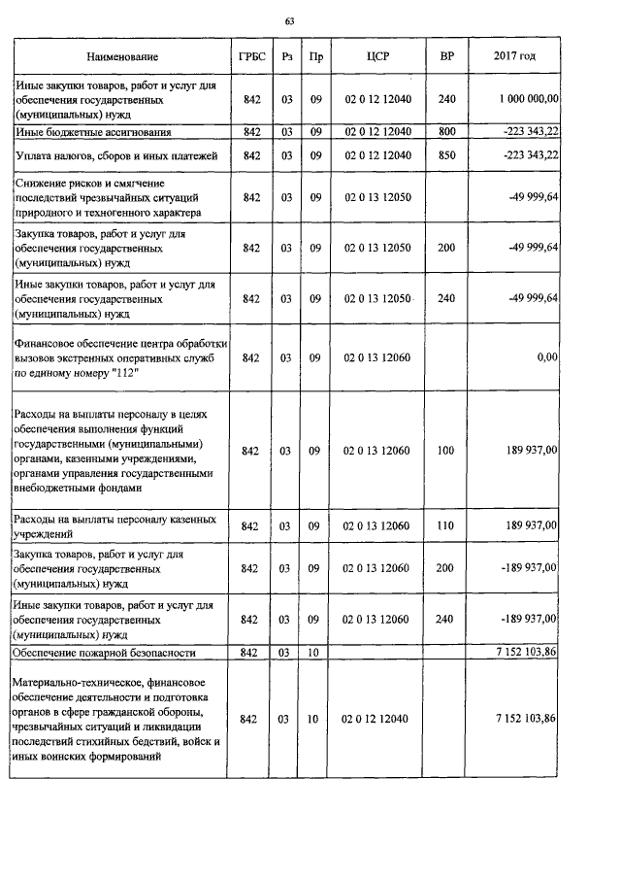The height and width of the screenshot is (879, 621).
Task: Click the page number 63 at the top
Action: click(x=289, y=21)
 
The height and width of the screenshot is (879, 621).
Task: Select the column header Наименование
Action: click(x=122, y=58)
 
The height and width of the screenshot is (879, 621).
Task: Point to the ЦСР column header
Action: click(x=378, y=58)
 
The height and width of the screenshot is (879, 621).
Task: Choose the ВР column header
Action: click(x=446, y=58)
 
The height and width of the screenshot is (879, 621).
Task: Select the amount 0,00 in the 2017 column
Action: click(x=547, y=357)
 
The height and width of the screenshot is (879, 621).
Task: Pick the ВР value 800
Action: click(x=446, y=131)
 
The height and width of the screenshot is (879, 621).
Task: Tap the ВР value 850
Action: click(x=446, y=155)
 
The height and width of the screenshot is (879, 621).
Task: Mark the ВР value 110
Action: click(x=446, y=525)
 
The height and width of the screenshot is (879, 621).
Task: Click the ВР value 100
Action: click(x=446, y=451)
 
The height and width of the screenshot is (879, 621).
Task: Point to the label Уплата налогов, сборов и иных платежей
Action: click(x=114, y=155)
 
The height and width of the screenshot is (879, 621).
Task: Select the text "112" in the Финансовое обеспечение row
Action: click(x=71, y=372)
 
